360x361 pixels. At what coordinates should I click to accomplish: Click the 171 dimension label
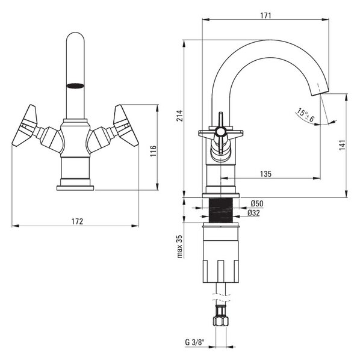265,16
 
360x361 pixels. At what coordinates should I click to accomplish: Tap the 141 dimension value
343,145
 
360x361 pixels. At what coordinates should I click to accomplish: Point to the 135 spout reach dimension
265,174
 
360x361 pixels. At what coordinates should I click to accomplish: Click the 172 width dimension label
77,221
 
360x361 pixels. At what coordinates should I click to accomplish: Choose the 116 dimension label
154,151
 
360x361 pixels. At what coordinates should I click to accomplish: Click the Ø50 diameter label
257,203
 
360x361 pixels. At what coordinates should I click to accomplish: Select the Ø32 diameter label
253,213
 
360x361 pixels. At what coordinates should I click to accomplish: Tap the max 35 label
179,246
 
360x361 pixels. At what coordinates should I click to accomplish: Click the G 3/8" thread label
194,342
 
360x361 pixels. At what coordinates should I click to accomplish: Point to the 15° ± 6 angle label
305,115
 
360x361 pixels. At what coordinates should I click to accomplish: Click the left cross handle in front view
25,126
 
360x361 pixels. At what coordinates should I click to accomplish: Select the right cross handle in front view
126,126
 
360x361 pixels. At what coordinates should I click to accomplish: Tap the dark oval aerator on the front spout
75,85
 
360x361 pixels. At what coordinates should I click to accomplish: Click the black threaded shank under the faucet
221,210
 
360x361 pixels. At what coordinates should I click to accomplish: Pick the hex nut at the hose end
221,321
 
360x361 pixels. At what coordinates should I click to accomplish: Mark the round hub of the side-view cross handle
220,132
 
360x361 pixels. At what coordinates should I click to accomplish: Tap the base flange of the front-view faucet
75,188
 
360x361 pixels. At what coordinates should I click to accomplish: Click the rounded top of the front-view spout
75,37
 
